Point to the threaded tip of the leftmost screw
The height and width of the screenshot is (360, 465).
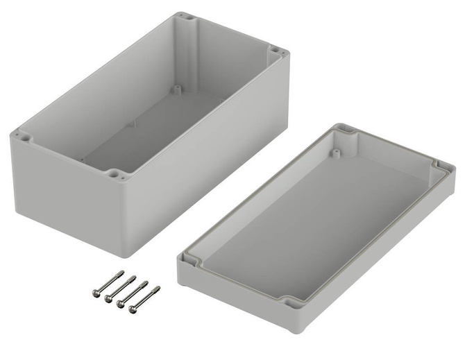[x=122, y=273]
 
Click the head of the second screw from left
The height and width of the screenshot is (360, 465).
[x=108, y=298]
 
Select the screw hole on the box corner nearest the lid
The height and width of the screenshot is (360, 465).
[x=275, y=50]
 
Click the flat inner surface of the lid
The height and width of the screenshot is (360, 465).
[x=312, y=222]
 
